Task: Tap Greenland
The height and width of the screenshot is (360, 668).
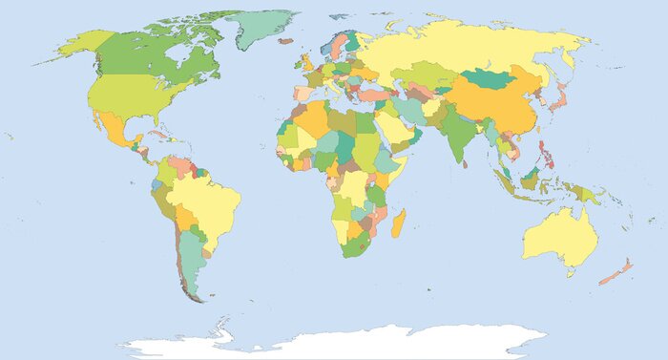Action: (x=260, y=29)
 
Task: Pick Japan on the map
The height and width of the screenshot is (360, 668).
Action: (x=561, y=95)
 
